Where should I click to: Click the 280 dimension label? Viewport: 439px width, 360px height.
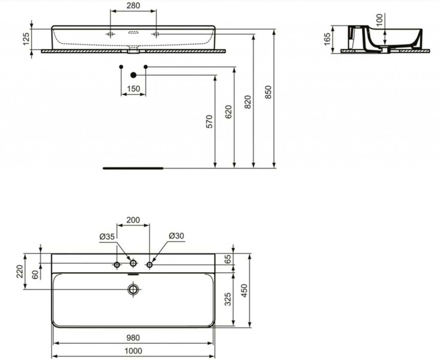click(133, 5)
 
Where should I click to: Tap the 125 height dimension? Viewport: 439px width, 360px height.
click(26, 39)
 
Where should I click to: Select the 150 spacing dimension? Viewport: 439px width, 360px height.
click(133, 88)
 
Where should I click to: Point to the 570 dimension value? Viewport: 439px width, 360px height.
click(209, 121)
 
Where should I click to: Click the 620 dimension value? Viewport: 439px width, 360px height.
click(229, 112)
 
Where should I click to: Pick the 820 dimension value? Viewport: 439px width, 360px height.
click(248, 102)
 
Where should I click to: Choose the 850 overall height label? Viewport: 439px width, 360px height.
click(268, 92)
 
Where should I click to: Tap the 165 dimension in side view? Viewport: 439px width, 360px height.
click(327, 39)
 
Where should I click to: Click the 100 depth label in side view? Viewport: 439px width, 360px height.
click(379, 20)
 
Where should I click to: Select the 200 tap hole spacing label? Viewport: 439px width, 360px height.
click(133, 220)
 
